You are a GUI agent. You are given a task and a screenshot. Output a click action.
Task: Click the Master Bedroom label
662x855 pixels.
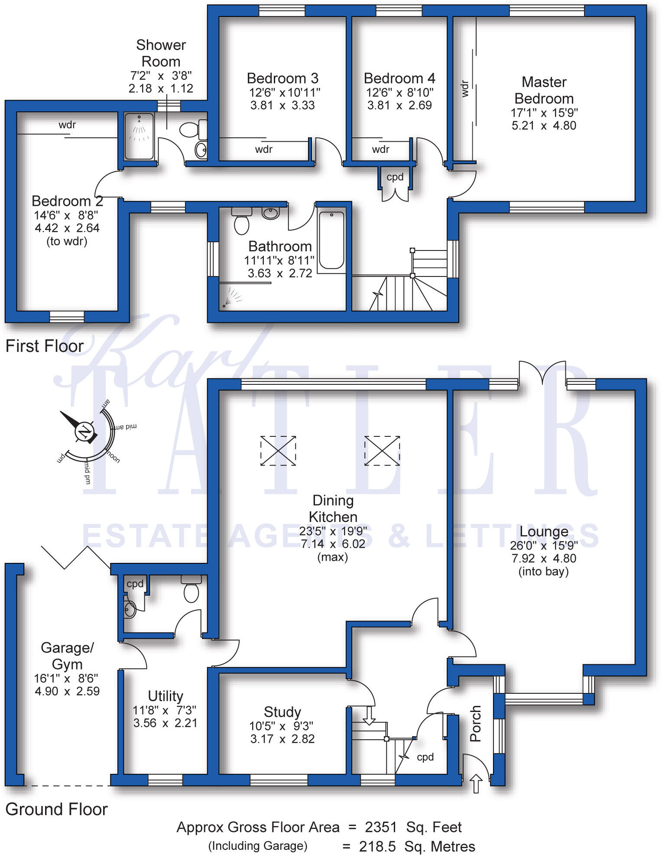(x=544, y=90)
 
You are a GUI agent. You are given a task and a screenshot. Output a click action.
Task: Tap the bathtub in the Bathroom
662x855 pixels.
(x=331, y=240)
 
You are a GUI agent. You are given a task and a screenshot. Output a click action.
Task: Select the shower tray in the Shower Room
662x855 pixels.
(x=139, y=136)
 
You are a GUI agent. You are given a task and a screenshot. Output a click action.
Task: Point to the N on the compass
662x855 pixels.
(x=84, y=432)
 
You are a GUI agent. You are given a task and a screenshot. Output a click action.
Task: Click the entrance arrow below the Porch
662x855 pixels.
(x=476, y=783)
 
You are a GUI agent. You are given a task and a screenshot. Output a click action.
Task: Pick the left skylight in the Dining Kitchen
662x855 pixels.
(x=278, y=451)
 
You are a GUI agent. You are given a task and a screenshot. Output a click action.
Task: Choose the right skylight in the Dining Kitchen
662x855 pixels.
(x=382, y=451)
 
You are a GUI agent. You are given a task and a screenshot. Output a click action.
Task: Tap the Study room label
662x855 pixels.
(x=282, y=712)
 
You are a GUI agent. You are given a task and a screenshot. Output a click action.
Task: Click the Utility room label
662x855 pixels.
(x=165, y=696)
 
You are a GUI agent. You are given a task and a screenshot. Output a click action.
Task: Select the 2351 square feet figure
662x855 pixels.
(x=380, y=827)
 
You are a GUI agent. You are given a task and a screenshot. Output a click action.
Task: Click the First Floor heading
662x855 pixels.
(x=44, y=346)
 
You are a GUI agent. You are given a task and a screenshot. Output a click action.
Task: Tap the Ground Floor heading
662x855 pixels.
(x=56, y=809)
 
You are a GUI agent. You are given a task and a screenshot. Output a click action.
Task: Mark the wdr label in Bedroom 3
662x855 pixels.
(x=263, y=150)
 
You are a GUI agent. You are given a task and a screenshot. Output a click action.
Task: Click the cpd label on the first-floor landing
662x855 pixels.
(x=395, y=177)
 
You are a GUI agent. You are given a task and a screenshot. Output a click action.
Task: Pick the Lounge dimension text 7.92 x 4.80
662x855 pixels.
(x=544, y=558)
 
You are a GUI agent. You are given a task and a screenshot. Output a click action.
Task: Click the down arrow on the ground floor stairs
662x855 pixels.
(x=369, y=716)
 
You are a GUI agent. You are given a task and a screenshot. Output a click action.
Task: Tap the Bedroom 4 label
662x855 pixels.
(x=399, y=78)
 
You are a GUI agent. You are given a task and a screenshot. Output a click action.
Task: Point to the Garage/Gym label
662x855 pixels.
(x=67, y=656)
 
